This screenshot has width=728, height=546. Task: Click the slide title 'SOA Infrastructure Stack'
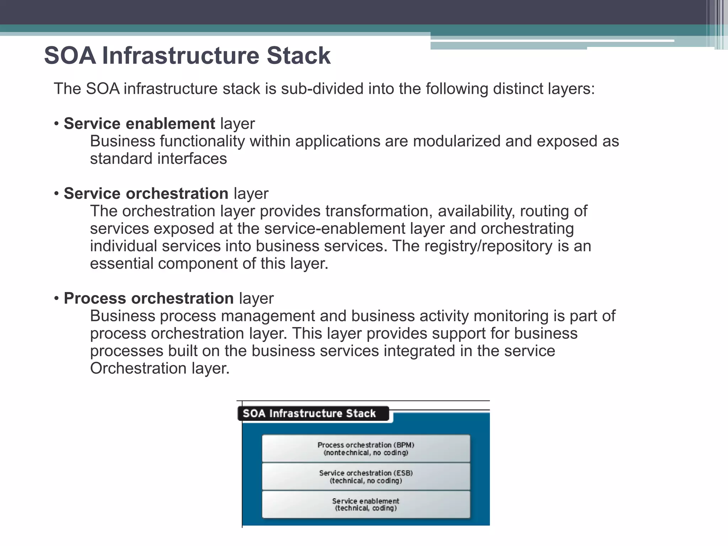(187, 56)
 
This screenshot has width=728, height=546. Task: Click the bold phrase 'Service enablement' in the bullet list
(139, 124)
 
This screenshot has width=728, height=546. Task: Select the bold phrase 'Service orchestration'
(146, 194)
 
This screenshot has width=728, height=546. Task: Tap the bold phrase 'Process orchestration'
(149, 299)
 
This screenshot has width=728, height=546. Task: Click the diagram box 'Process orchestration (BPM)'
(366, 449)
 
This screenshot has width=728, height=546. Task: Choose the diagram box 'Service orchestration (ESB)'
(366, 477)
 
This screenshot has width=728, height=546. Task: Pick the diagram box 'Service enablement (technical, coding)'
(366, 504)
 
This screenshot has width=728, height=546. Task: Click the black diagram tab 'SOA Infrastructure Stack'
(309, 413)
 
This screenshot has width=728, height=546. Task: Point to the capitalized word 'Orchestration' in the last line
(138, 369)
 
